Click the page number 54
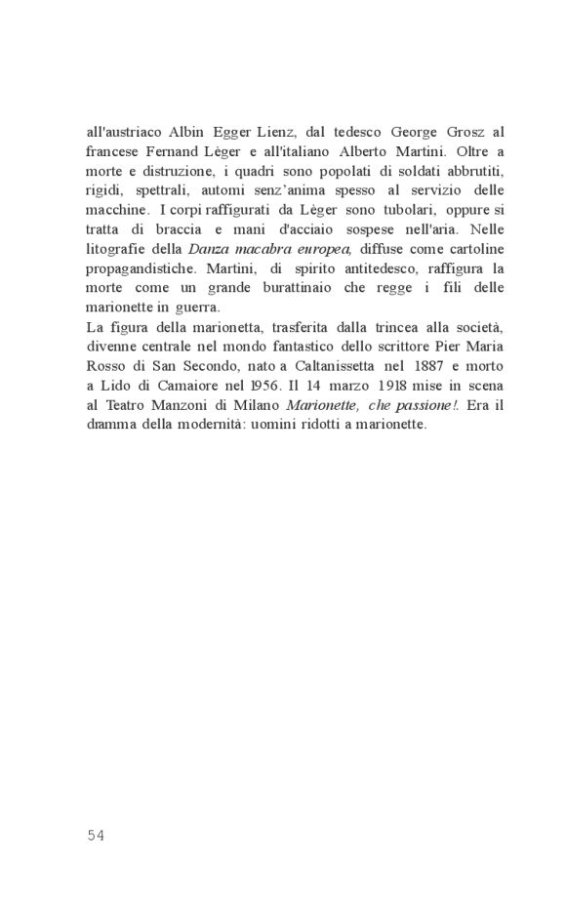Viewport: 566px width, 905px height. tap(96, 834)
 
